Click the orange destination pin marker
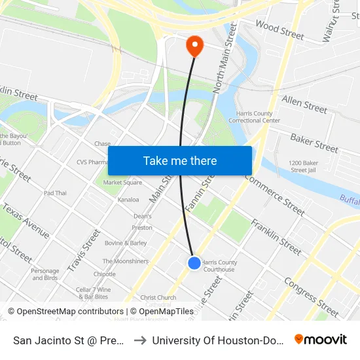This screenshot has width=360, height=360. [x=194, y=45]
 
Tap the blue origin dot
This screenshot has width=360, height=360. [x=194, y=262]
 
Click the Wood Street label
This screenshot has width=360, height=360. [x=279, y=29]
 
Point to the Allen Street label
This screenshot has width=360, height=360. [x=304, y=104]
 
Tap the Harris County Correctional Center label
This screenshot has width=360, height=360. [x=258, y=117]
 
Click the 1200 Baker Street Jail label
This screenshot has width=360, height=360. [x=303, y=166]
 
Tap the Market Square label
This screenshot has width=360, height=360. [x=122, y=183]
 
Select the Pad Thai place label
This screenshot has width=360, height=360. [x=55, y=193]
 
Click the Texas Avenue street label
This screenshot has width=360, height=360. [x=26, y=221]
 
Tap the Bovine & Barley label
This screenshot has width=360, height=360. [x=126, y=243]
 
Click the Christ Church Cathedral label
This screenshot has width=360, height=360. [x=158, y=300]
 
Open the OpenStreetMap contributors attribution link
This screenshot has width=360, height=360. [x=65, y=312]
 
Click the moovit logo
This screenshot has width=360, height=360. [x=321, y=340]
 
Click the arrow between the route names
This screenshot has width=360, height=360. [x=141, y=340]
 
